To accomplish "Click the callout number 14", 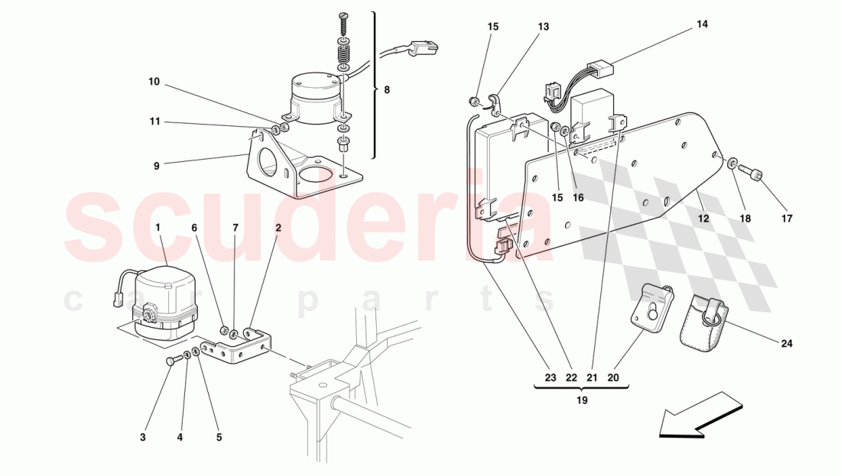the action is coord(702,24).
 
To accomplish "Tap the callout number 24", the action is coord(786,344).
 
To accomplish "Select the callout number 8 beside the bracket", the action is coord(387,90).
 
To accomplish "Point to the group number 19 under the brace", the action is coord(582,400).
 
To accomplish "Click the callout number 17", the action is coord(787,219).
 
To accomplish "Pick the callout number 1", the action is coord(157,228).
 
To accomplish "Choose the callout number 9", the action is coord(157,166).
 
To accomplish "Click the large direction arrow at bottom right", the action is coord(700,416).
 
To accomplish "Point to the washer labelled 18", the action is coord(732,163).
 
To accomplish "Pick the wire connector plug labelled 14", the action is coord(599,70).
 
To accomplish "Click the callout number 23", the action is coord(550,378).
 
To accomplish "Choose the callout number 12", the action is coord(703,219).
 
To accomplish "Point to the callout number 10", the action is coord(154,82).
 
